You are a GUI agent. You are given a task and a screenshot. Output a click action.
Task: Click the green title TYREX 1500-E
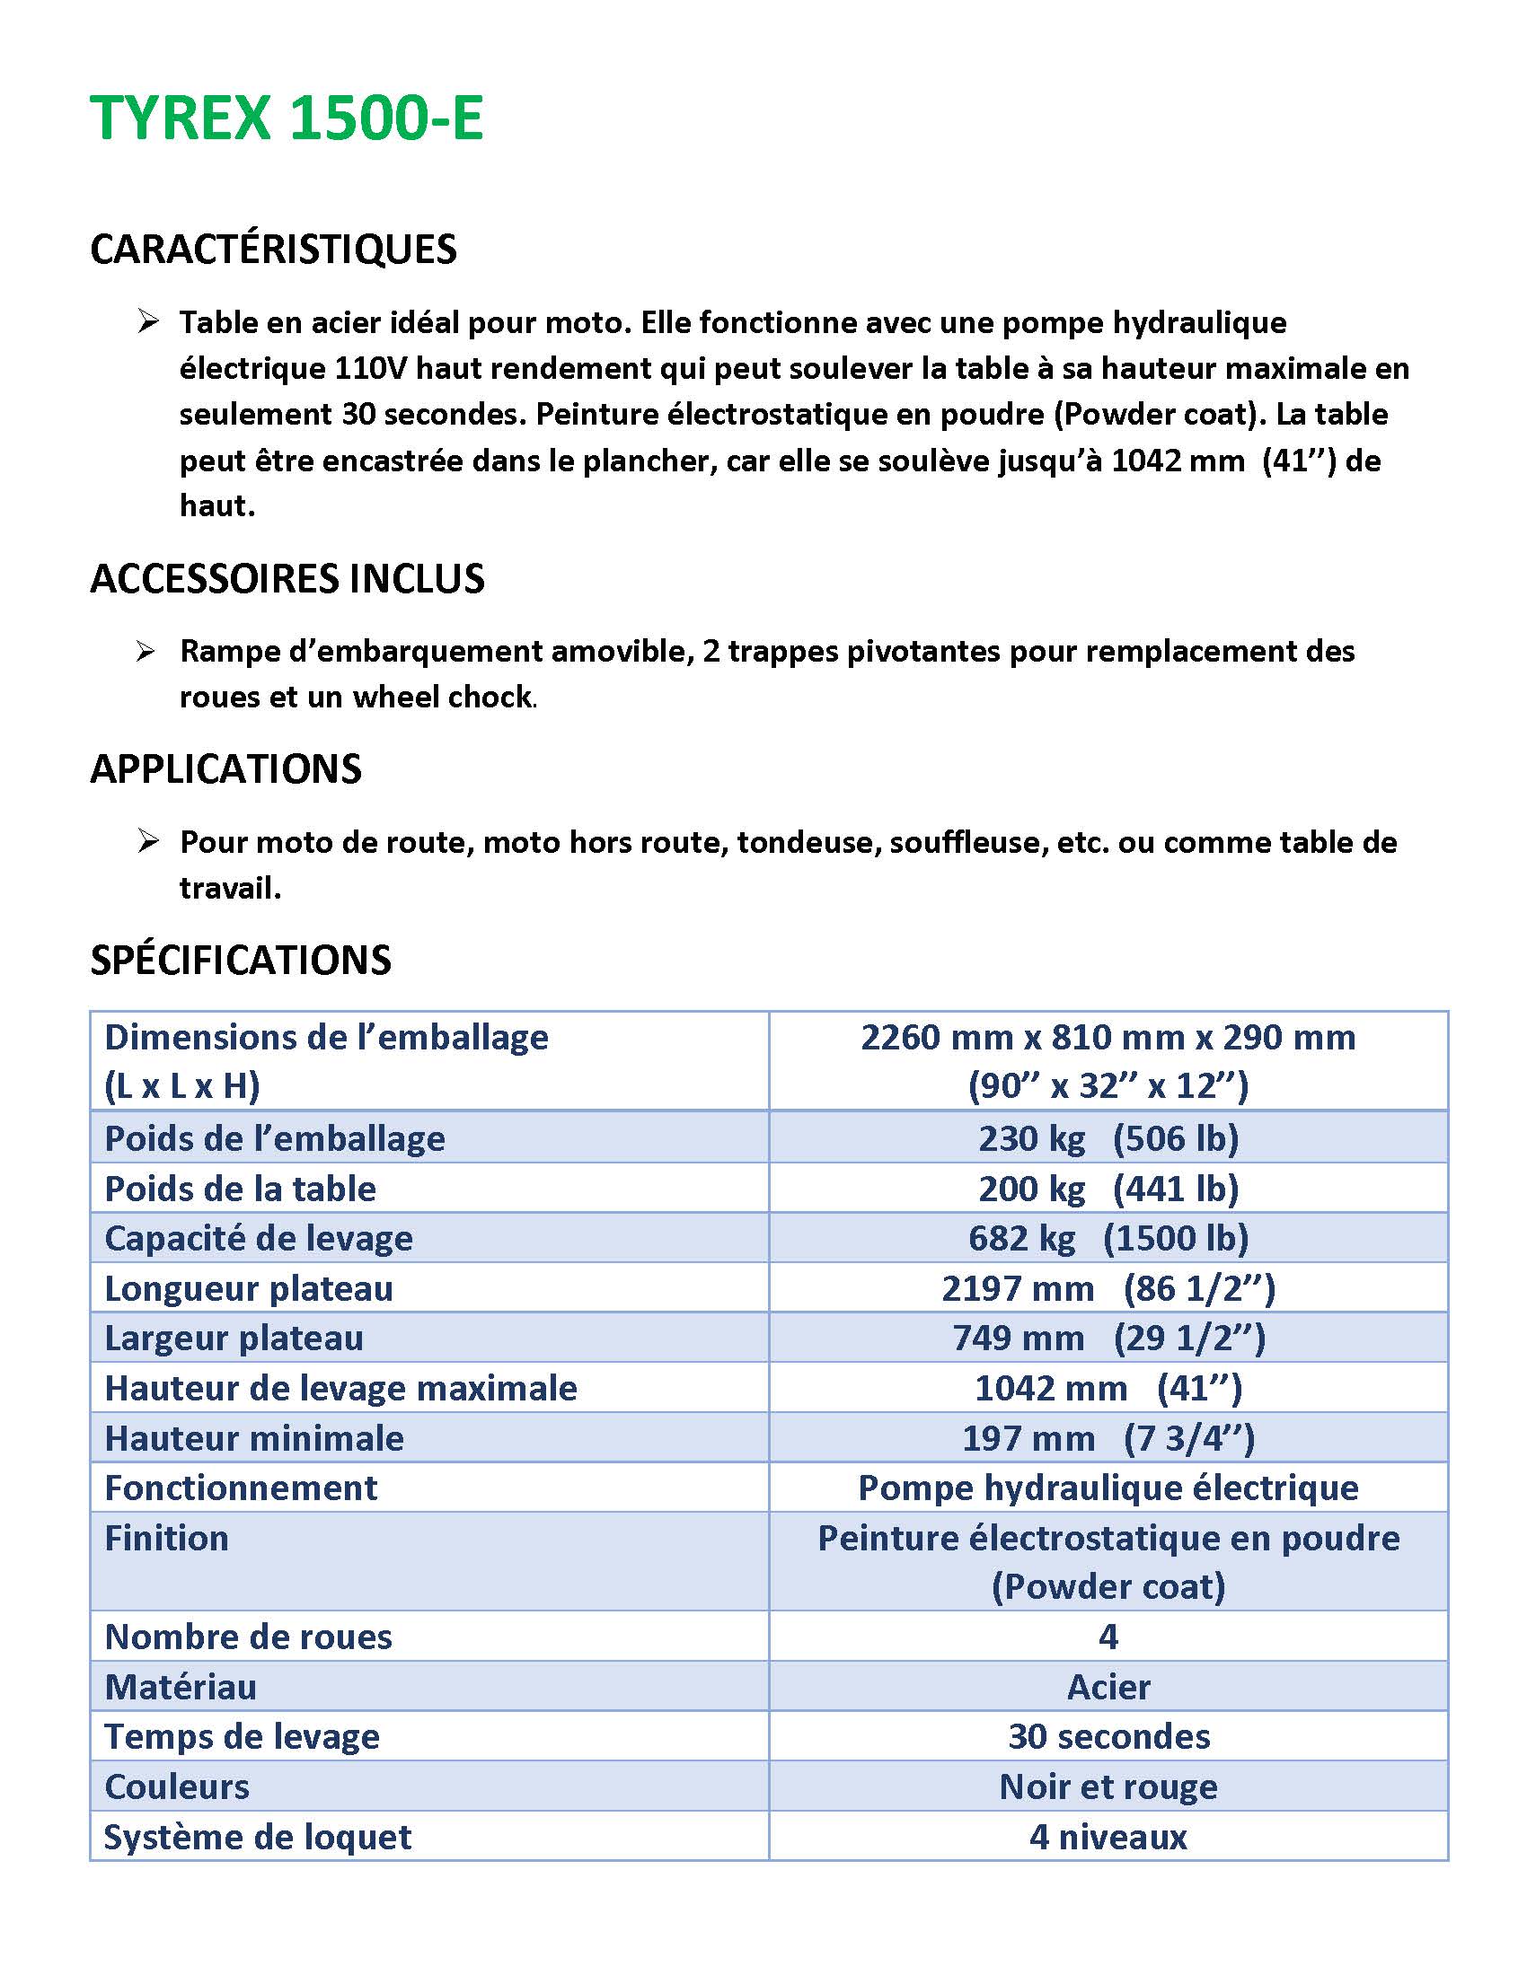pyautogui.click(x=287, y=118)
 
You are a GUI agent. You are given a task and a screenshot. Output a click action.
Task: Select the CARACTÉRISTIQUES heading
pyautogui.click(x=273, y=250)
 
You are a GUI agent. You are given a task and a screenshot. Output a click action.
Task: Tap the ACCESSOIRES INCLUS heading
pyautogui.click(x=287, y=579)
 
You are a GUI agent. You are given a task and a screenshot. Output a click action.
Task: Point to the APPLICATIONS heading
pyautogui.click(x=225, y=769)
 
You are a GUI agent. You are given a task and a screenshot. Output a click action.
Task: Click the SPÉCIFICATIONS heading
pyautogui.click(x=241, y=961)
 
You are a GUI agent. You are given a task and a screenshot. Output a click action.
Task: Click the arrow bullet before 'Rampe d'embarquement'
pyautogui.click(x=146, y=651)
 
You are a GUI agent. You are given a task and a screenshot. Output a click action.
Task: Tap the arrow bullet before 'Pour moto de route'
pyautogui.click(x=148, y=842)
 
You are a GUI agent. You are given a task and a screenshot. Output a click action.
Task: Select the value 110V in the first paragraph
pyautogui.click(x=370, y=369)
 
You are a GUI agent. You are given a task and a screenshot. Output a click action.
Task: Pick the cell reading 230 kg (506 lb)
pyautogui.click(x=1108, y=1138)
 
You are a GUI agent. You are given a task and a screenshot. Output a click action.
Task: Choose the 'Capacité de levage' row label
pyautogui.click(x=259, y=1238)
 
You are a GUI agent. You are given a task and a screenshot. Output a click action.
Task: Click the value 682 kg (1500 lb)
pyautogui.click(x=1108, y=1238)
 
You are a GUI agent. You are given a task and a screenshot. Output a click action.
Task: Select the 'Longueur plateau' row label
pyautogui.click(x=249, y=1288)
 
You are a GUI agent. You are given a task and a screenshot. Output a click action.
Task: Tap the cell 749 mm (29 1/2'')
pyautogui.click(x=1108, y=1339)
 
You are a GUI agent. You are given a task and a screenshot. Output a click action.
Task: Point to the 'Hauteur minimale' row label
pyautogui.click(x=254, y=1439)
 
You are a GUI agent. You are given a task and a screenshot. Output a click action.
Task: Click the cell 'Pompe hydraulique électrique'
pyautogui.click(x=1108, y=1488)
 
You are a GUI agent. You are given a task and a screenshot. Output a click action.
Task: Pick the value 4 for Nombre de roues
pyautogui.click(x=1108, y=1637)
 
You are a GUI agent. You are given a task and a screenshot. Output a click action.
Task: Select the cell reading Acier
pyautogui.click(x=1108, y=1688)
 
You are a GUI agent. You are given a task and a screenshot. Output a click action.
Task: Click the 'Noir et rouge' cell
pyautogui.click(x=1108, y=1786)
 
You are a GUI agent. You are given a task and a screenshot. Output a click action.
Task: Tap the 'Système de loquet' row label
pyautogui.click(x=258, y=1838)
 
